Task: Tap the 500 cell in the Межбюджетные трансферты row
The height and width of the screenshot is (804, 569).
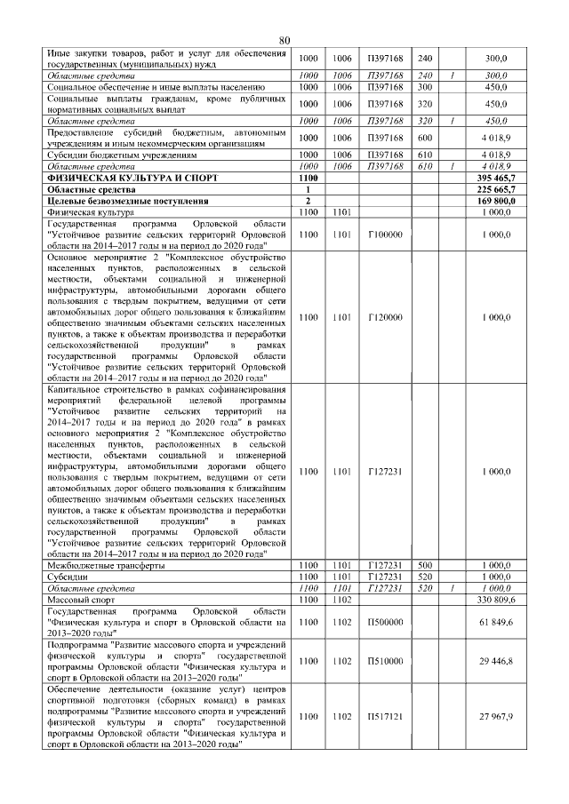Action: (424, 565)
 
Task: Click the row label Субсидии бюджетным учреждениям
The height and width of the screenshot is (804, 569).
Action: (121, 155)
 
